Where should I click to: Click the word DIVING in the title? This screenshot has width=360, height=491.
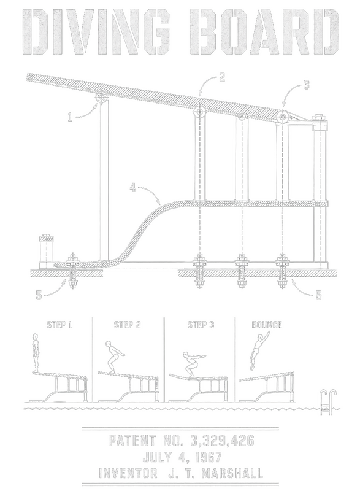97,31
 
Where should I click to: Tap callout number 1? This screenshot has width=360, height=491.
70,117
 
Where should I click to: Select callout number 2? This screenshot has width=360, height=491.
222,77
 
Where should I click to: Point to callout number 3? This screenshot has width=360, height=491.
306,85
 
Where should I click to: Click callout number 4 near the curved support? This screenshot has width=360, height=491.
133,188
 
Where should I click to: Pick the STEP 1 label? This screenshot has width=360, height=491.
59,325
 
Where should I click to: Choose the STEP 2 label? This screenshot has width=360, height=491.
127,325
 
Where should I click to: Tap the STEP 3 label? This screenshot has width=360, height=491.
201,325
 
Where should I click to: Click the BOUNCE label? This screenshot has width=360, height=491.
267,325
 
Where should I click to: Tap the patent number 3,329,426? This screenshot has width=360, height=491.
222,441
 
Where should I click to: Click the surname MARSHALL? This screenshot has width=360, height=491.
232,473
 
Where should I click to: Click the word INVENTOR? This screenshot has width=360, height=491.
128,473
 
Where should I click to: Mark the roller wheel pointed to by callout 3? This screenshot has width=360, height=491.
283,117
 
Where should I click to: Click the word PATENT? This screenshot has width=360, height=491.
132,441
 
